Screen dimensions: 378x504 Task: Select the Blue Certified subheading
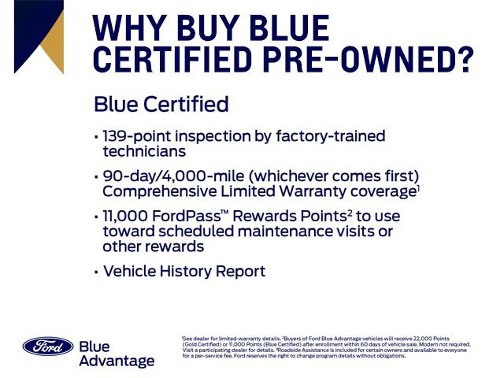(161, 104)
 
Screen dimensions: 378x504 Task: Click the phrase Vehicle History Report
(184, 272)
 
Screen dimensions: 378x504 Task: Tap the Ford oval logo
(47, 346)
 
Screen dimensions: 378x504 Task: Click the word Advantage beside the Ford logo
(117, 361)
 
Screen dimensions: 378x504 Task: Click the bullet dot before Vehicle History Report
(96, 272)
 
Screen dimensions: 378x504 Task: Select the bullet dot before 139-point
(96, 137)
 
